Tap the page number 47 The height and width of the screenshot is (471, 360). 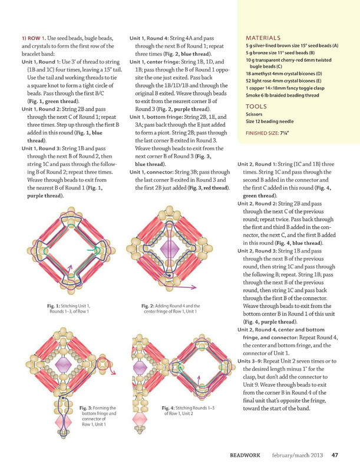[334, 455]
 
